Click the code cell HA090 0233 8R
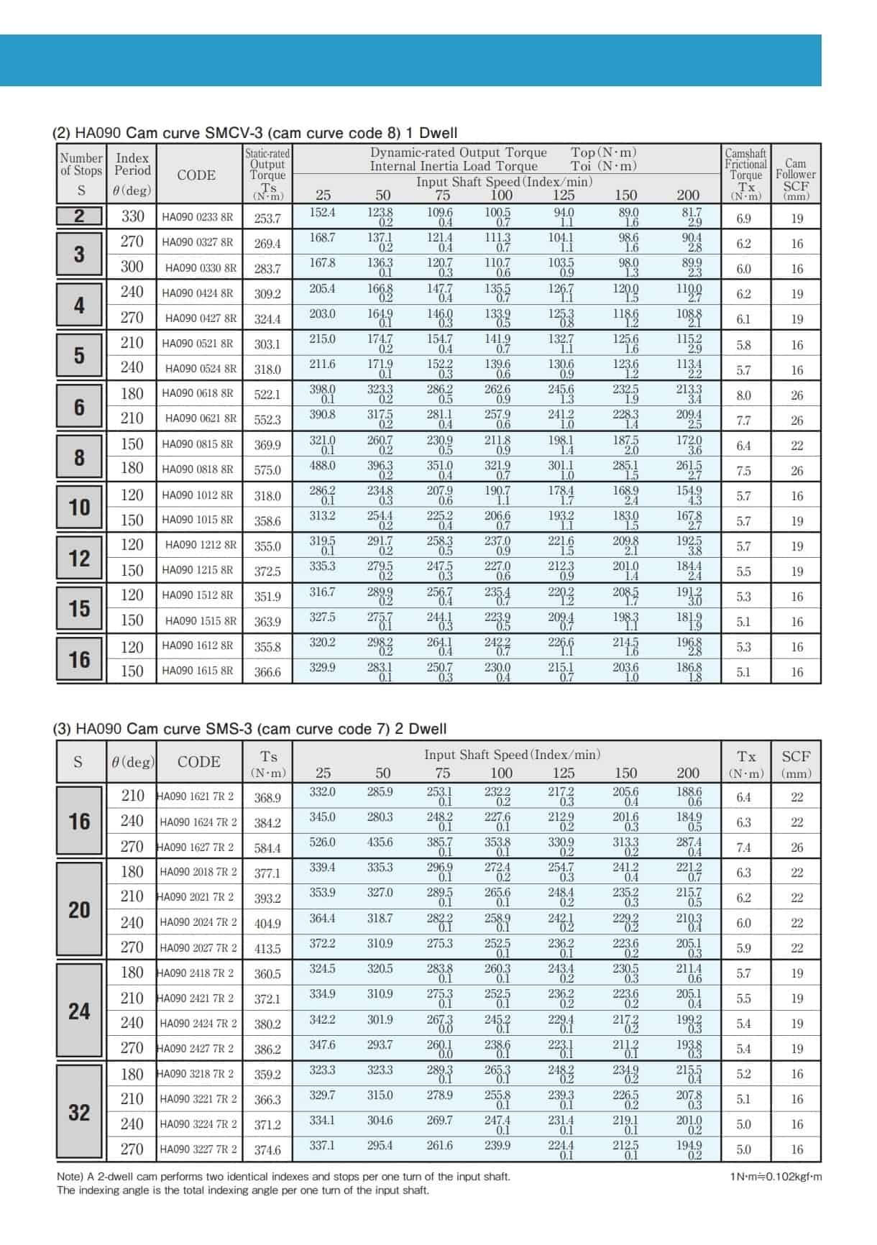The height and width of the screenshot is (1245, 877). pos(197,216)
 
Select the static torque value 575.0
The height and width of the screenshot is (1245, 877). pos(267,470)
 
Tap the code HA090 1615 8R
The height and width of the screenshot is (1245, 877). pos(197,671)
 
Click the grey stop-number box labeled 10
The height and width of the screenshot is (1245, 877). pos(79,507)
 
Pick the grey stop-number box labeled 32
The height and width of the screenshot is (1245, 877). pos(79,1112)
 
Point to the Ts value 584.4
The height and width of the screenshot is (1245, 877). pos(267,847)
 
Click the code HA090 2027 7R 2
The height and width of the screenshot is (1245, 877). pos(198,947)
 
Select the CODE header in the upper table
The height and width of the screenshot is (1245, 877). pos(196,175)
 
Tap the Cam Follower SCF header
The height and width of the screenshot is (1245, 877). pos(796,179)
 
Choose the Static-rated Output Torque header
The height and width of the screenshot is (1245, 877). pos(267,173)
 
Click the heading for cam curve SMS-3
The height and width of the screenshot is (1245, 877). pos(250,729)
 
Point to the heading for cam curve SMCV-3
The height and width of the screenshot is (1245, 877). pos(255,133)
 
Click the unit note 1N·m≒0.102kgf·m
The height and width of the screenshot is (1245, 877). pos(775,1177)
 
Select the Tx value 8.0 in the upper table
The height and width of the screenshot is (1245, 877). pos(743,395)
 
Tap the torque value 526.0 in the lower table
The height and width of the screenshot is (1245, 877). pos(322,842)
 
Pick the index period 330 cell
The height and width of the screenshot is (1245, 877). pos(132,216)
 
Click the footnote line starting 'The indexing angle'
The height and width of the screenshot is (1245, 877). pos(243,1190)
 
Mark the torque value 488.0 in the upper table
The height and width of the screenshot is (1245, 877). pos(322,466)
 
